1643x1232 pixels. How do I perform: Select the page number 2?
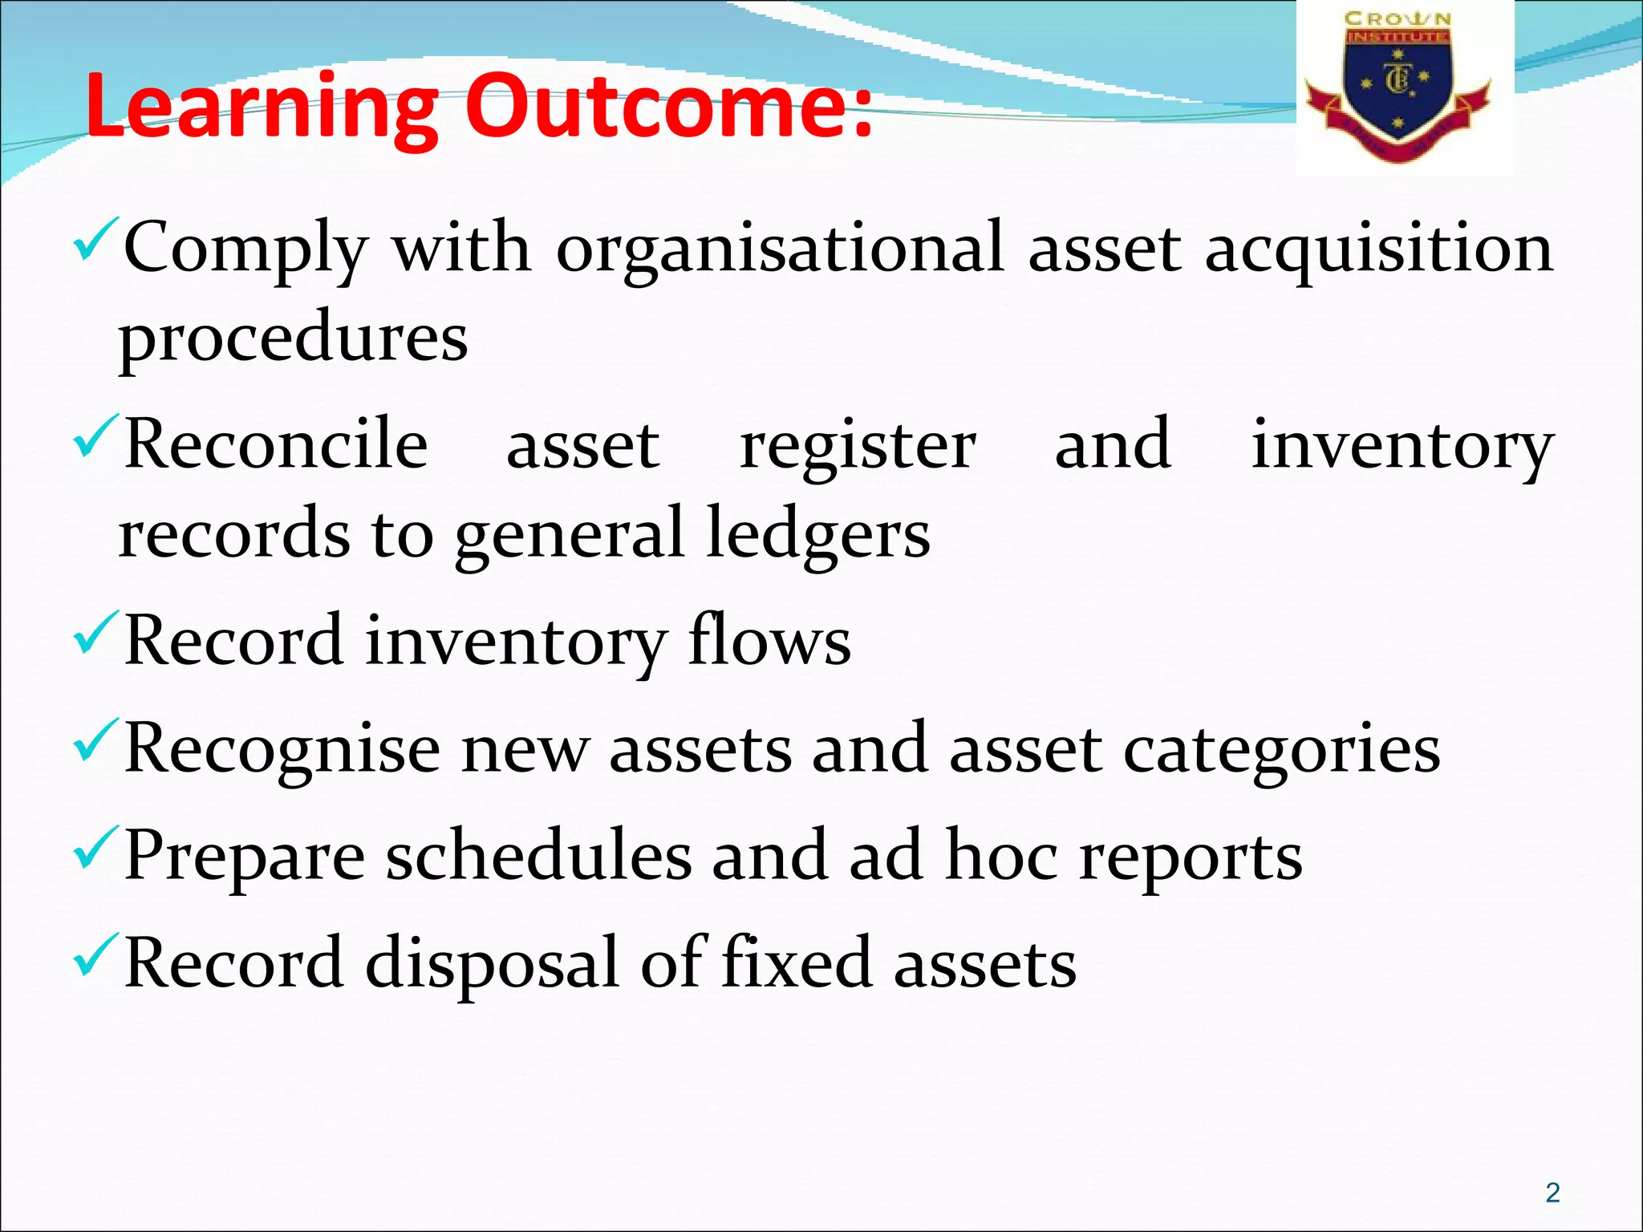(1552, 1193)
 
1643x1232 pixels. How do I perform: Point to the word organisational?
(780, 249)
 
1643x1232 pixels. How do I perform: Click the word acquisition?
(1379, 249)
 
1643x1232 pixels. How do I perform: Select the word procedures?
(294, 337)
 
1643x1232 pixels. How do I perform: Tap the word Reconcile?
(277, 445)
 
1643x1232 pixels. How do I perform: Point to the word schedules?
(538, 855)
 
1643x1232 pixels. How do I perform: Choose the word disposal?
(492, 963)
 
